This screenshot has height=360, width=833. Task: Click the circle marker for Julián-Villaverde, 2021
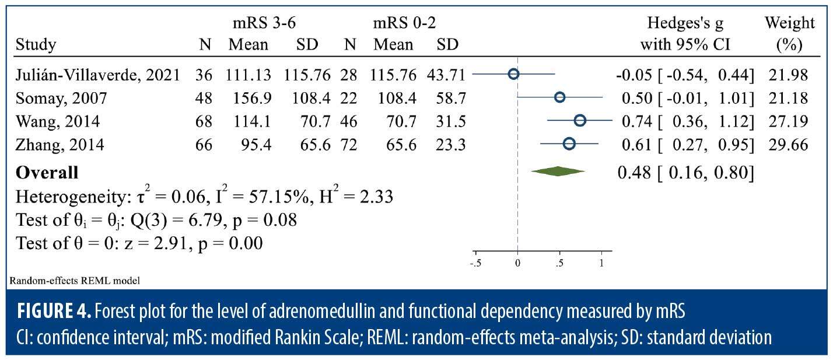[513, 74]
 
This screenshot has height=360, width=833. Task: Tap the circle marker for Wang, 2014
[580, 120]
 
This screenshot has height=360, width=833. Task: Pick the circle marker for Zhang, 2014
[569, 144]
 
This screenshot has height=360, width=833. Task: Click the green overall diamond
[558, 171]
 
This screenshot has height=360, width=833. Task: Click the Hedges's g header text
[685, 23]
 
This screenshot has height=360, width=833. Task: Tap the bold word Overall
[47, 173]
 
